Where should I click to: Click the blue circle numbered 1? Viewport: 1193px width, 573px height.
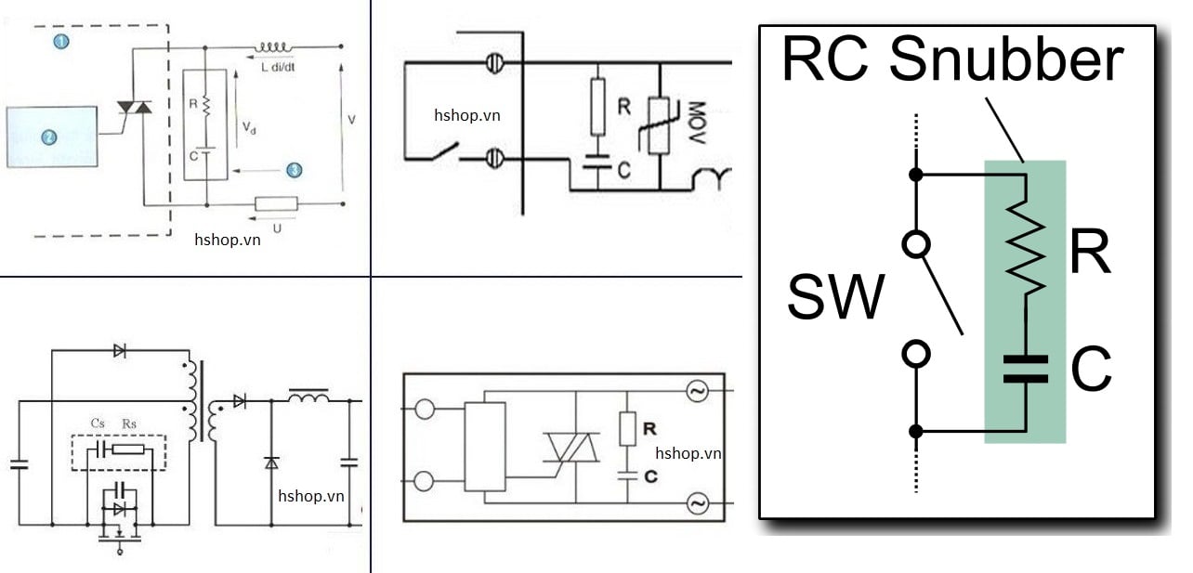(61, 41)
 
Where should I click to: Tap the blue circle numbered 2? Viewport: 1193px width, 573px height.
(49, 137)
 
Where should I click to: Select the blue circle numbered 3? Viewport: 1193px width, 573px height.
(294, 170)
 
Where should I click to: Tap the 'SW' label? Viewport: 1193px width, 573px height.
(835, 298)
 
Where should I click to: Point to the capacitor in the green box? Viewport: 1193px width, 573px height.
(1025, 369)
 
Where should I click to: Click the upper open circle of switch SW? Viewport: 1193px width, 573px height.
(916, 245)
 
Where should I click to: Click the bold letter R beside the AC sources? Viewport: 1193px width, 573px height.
(649, 429)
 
